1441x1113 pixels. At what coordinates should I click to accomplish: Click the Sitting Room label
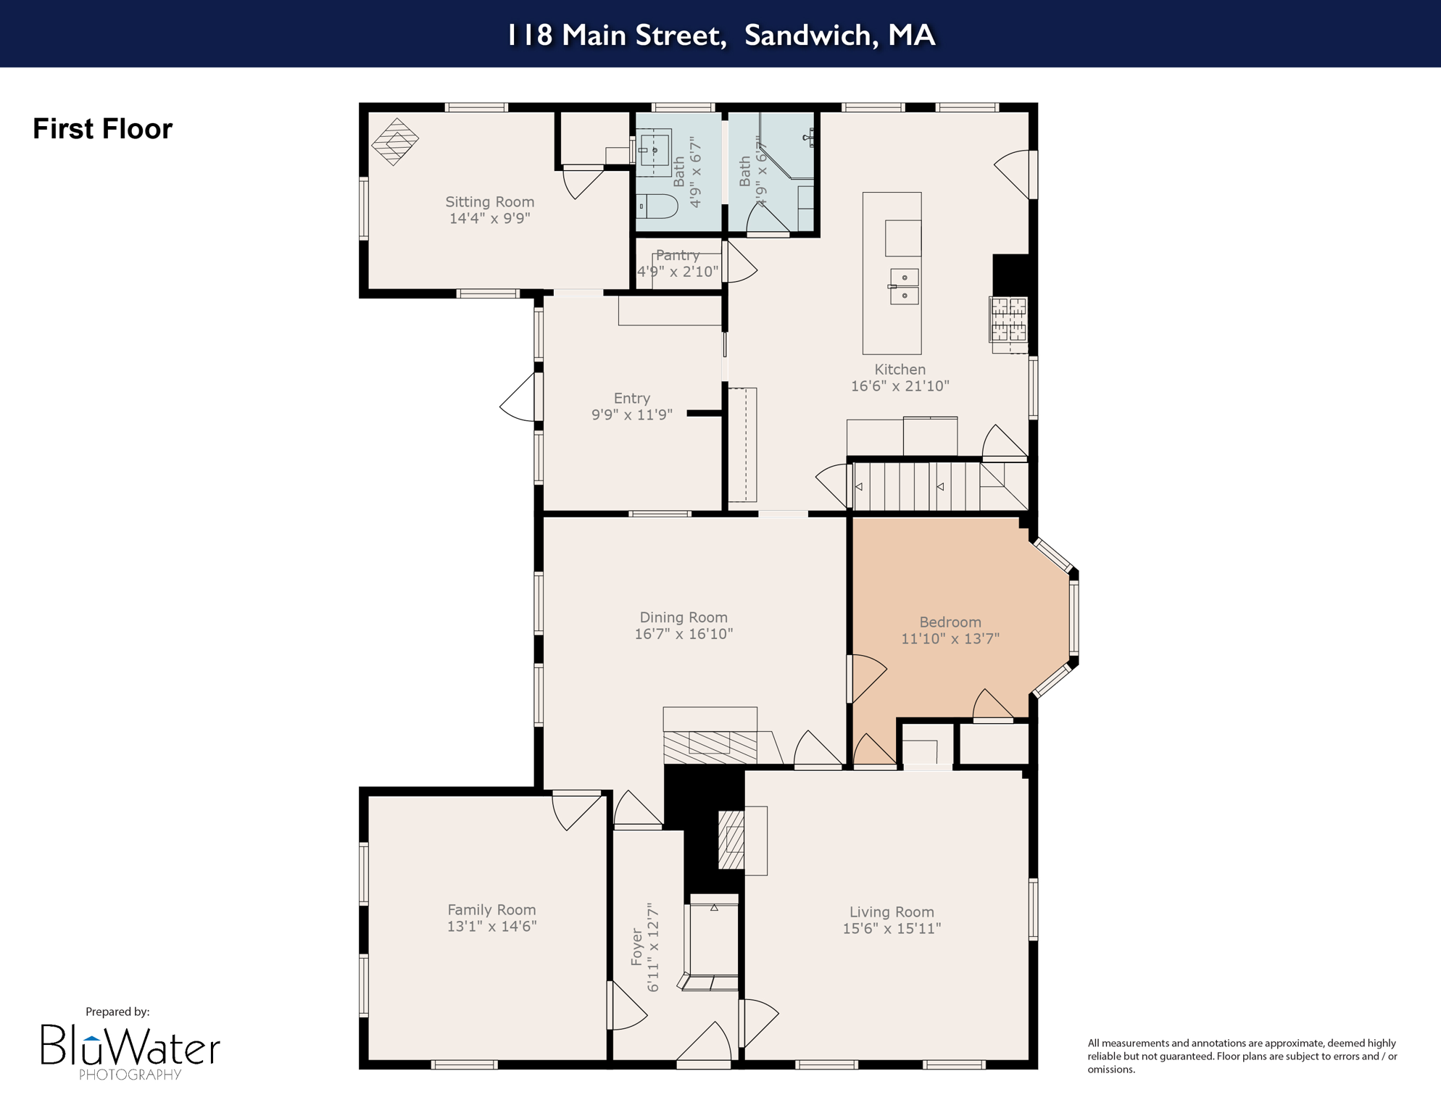[489, 202]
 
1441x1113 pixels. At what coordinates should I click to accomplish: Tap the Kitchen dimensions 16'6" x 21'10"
[900, 386]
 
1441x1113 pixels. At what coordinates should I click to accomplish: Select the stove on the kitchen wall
[1008, 320]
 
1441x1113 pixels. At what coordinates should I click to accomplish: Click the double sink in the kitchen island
[904, 286]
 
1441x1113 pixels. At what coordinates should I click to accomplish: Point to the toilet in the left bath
[657, 207]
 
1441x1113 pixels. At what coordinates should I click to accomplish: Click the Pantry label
[678, 255]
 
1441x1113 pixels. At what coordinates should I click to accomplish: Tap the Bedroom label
[950, 622]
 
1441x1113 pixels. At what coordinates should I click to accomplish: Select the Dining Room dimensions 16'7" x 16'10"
[683, 634]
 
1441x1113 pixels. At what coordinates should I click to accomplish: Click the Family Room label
[491, 909]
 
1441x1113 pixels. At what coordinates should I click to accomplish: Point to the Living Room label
[891, 912]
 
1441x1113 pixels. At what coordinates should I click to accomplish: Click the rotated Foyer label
[637, 947]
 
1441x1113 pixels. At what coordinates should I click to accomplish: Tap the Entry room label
[631, 398]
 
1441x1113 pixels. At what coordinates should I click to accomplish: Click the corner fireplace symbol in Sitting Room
[395, 141]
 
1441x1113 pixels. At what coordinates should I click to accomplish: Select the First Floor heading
[102, 129]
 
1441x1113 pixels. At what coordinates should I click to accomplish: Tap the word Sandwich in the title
[807, 35]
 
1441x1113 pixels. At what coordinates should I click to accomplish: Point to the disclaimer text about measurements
[1242, 1056]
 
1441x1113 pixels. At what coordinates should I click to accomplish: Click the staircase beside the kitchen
[917, 487]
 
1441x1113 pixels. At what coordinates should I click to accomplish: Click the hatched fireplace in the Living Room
[731, 840]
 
